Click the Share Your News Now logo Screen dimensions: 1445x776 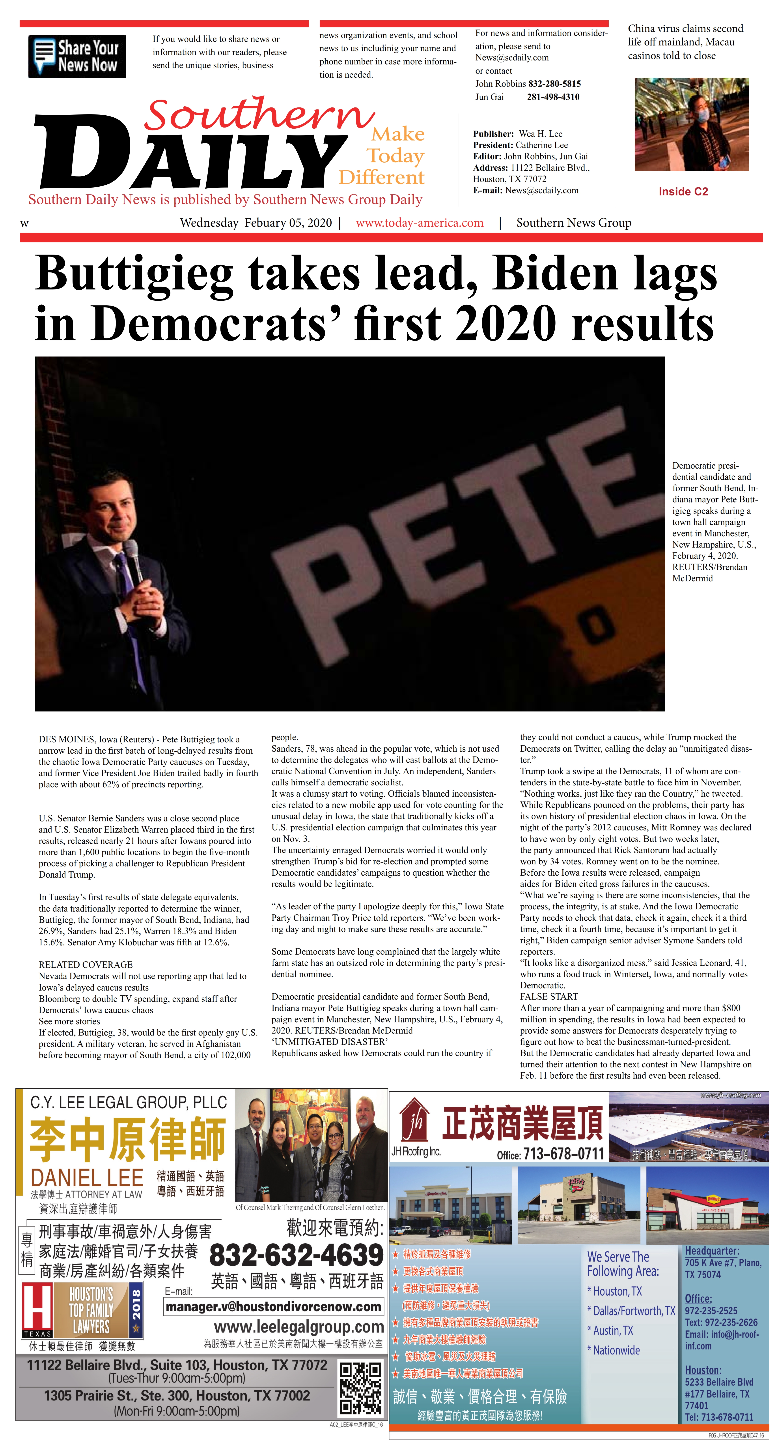pos(77,56)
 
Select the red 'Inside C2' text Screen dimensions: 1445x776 pos(683,192)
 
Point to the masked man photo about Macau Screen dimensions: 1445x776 pos(691,124)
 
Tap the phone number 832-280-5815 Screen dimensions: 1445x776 pos(554,84)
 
